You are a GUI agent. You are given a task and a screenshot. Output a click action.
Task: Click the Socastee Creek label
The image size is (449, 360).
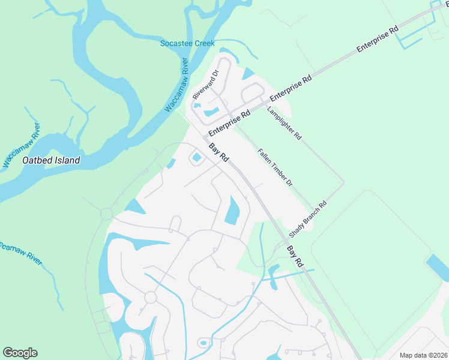pyautogui.click(x=187, y=43)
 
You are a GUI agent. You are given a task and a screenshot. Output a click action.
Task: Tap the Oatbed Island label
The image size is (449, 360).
pyautogui.click(x=51, y=161)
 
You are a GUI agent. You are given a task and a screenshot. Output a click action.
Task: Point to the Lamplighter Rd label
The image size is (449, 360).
pyautogui.click(x=284, y=123)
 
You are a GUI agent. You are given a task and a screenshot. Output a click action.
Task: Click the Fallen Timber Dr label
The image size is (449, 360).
pyautogui.click(x=274, y=166)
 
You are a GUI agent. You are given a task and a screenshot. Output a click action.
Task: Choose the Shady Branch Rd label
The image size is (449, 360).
pyautogui.click(x=307, y=219)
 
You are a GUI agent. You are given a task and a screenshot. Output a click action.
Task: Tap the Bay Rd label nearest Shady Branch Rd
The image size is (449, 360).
pyautogui.click(x=294, y=256)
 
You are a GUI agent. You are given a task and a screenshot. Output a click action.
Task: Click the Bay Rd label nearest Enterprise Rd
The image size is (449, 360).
pyautogui.click(x=219, y=152)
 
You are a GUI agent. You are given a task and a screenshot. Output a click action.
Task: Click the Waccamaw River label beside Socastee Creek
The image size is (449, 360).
pyautogui.click(x=178, y=86)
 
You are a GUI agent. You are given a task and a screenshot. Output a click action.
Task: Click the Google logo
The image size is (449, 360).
pyautogui.click(x=20, y=353)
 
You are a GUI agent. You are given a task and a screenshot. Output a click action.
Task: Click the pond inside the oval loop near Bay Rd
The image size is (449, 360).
pyautogui.click(x=196, y=158)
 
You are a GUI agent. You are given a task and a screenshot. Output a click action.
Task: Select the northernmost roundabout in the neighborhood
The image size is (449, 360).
pyautogui.click(x=107, y=214)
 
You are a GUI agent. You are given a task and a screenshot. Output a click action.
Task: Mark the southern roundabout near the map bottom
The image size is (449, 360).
pyautogui.click(x=150, y=297)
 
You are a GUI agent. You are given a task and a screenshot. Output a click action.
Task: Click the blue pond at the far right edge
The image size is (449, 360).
pyautogui.click(x=437, y=266)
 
